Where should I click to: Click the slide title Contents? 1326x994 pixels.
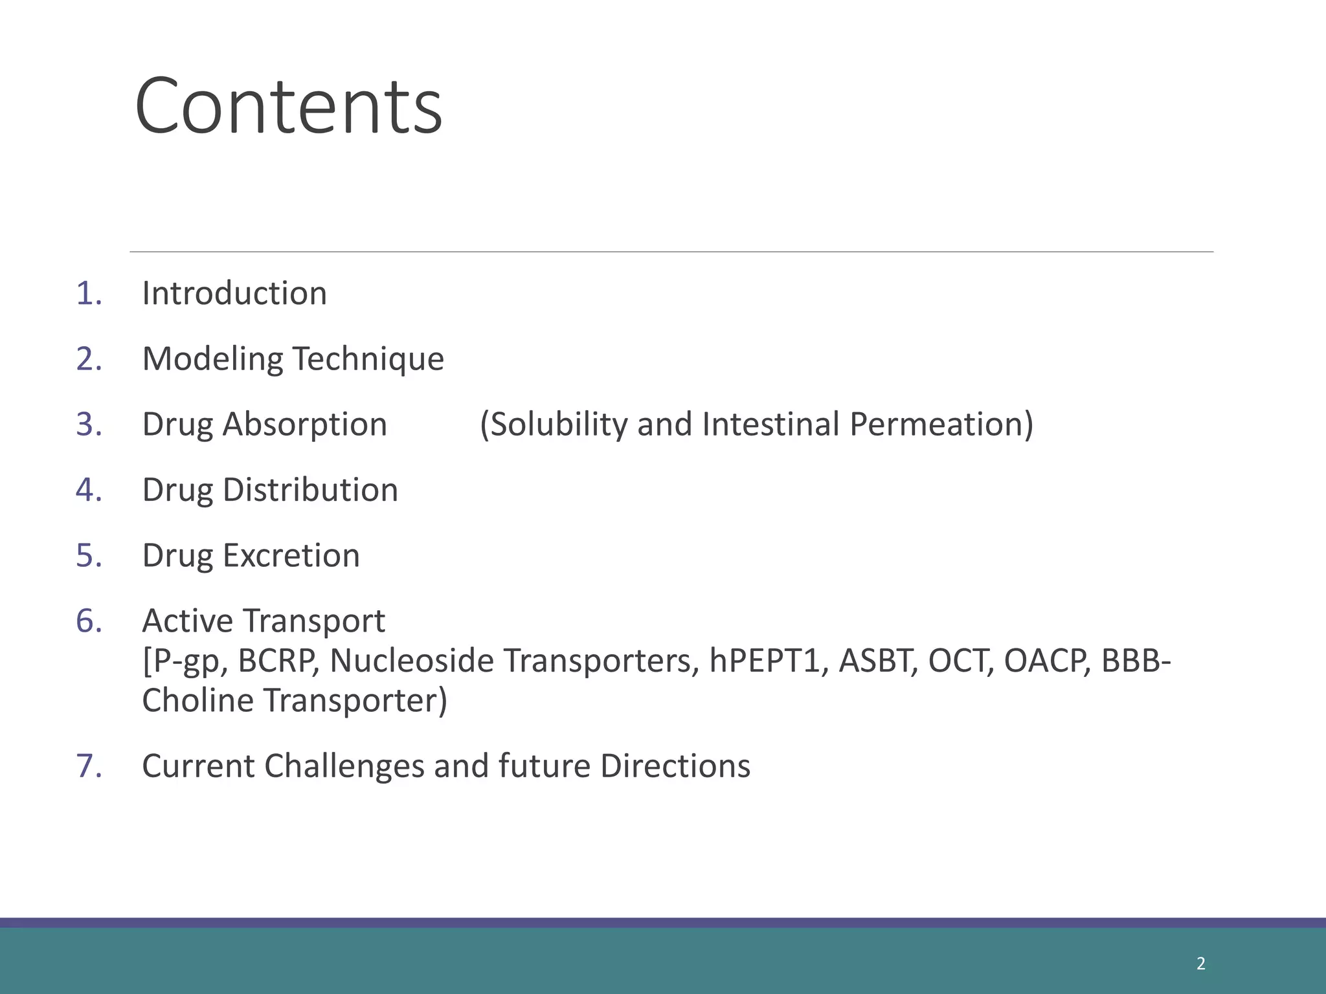(288, 106)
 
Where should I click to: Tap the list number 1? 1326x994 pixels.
(89, 294)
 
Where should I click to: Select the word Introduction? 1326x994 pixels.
(234, 294)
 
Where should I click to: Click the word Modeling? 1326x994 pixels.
(212, 359)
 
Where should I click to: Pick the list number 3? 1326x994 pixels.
(89, 425)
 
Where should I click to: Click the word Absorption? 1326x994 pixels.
(304, 425)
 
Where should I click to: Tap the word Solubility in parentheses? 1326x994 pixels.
(554, 425)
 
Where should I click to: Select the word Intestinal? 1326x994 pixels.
(770, 425)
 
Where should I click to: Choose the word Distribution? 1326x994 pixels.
(310, 490)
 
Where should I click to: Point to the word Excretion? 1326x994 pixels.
(291, 555)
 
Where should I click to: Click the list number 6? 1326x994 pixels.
(89, 621)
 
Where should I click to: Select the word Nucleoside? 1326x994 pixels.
(412, 661)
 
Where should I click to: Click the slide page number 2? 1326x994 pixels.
(1201, 964)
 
